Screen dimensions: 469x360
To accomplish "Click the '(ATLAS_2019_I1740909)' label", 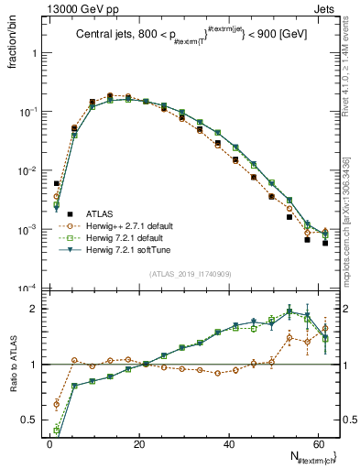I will point(190,273).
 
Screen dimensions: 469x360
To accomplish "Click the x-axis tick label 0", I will point(49,442).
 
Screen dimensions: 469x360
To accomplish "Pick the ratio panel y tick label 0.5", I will point(27,421).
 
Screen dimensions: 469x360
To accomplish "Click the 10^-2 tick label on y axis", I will point(27,170).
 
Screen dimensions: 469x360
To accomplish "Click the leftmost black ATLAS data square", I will point(57,183).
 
